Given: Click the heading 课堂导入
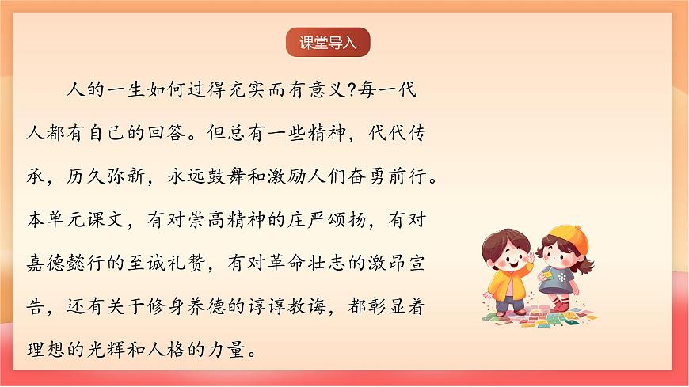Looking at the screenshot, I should [x=329, y=44].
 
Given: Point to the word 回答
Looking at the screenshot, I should [x=248, y=131].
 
